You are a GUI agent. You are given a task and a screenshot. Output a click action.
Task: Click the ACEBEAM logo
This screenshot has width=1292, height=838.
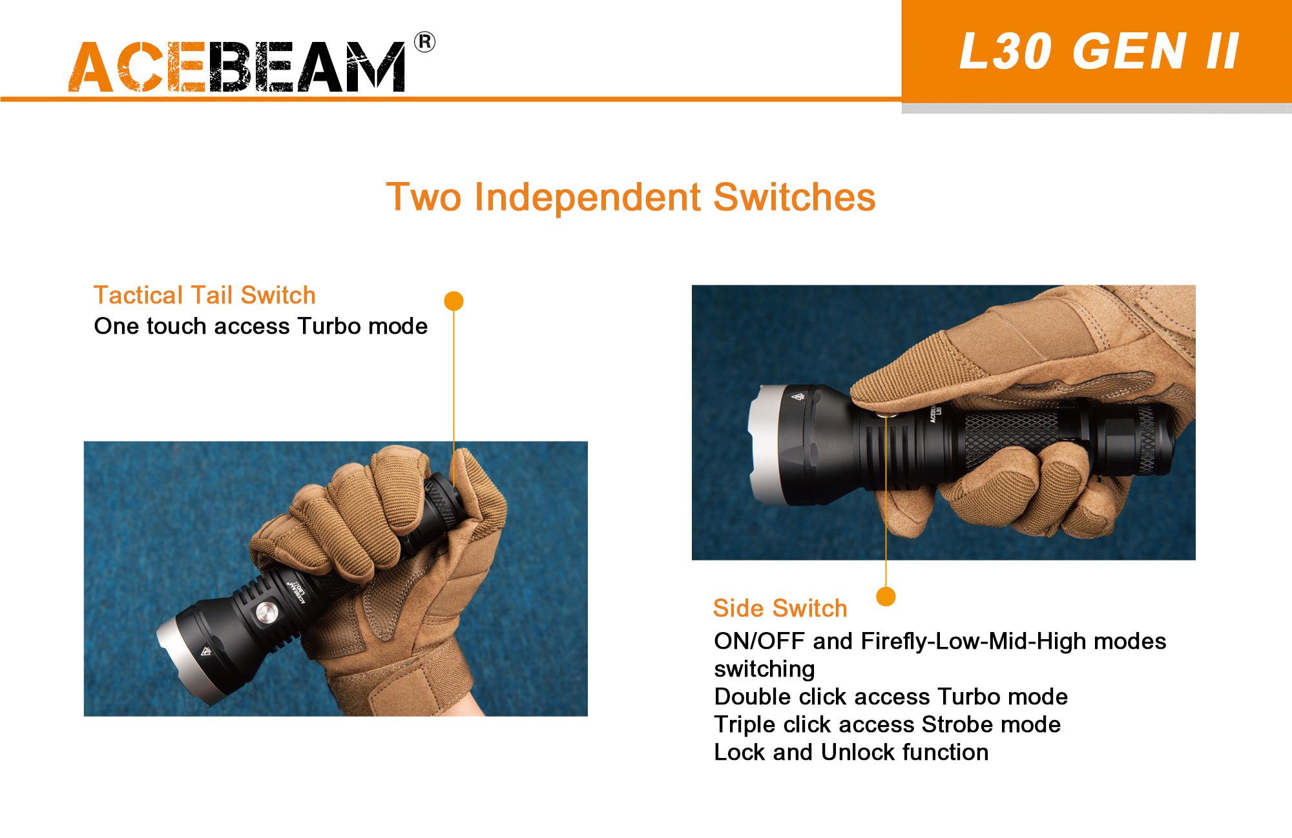(237, 66)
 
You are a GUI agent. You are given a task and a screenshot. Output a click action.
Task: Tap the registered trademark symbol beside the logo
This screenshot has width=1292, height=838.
(424, 42)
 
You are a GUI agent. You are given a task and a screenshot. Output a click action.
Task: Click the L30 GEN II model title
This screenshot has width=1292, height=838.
(1098, 51)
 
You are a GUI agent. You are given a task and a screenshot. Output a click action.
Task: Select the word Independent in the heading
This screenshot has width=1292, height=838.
(587, 197)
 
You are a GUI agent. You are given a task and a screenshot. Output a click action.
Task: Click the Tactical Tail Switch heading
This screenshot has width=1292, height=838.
(205, 295)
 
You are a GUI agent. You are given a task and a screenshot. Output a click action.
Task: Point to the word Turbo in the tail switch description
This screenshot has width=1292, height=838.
(326, 326)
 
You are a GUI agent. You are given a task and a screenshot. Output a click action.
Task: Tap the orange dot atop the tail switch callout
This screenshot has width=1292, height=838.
(454, 301)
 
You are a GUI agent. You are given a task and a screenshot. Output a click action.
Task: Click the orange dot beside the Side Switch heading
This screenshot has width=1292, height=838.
(886, 596)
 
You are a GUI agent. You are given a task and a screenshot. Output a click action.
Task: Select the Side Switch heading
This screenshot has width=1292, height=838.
(780, 608)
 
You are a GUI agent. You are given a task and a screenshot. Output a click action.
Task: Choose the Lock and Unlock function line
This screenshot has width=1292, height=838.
(851, 752)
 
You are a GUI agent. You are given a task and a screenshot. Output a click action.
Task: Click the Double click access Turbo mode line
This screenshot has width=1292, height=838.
(891, 697)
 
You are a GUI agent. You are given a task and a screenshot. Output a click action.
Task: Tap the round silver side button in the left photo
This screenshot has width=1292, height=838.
(266, 613)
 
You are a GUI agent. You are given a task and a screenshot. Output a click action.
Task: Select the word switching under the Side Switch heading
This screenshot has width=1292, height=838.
(764, 669)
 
